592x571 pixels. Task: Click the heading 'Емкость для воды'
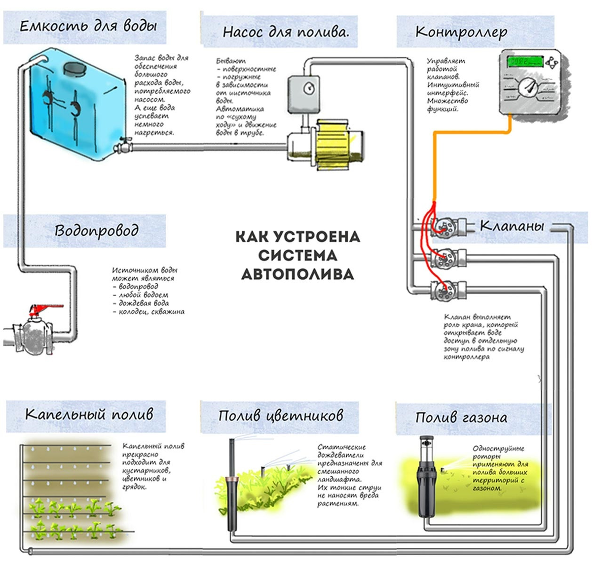[88, 27]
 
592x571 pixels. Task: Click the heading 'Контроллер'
[461, 33]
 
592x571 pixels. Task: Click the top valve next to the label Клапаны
[446, 226]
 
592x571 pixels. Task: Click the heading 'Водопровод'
[96, 231]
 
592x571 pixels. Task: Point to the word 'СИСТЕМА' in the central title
[297, 255]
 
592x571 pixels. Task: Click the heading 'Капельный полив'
[89, 414]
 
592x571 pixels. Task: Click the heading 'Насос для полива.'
[285, 33]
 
